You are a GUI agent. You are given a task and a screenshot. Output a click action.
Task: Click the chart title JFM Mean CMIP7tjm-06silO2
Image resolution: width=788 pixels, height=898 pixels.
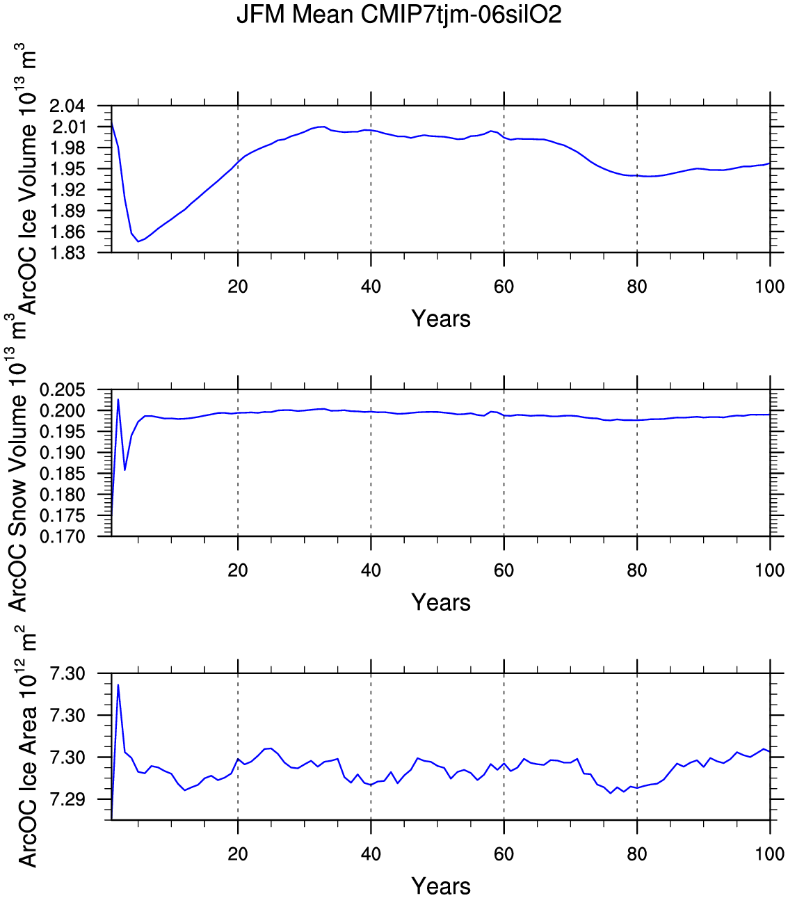tap(399, 15)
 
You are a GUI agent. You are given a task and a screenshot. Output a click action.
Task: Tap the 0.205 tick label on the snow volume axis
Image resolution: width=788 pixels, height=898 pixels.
tap(62, 390)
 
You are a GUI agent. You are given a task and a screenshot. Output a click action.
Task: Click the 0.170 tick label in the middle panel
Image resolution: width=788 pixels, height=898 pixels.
tap(62, 537)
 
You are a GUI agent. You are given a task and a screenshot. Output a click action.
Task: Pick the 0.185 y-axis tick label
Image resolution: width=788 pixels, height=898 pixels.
tap(62, 474)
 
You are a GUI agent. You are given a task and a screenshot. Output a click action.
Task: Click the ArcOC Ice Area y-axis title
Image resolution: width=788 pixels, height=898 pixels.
tap(26, 748)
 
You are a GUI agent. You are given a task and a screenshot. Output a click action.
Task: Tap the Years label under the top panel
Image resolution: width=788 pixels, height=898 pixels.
tap(441, 319)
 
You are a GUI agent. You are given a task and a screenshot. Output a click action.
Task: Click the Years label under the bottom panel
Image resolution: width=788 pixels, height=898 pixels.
tap(441, 887)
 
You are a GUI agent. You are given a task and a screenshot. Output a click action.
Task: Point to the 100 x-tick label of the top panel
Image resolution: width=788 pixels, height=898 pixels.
tap(770, 287)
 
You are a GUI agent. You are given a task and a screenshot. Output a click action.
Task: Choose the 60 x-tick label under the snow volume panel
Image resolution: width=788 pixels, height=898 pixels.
tap(504, 570)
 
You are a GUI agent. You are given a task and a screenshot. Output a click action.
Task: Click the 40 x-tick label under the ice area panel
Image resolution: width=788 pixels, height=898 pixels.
tap(371, 854)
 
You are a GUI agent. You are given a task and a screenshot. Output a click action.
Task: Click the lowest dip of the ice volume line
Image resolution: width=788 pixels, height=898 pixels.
tap(138, 241)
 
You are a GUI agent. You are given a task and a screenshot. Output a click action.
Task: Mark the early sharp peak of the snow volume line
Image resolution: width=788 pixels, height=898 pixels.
tap(118, 399)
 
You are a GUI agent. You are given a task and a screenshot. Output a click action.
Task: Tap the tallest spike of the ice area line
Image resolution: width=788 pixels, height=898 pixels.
tap(118, 685)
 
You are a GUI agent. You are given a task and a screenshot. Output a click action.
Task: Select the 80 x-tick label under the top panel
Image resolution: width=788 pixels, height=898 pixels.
tap(637, 287)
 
